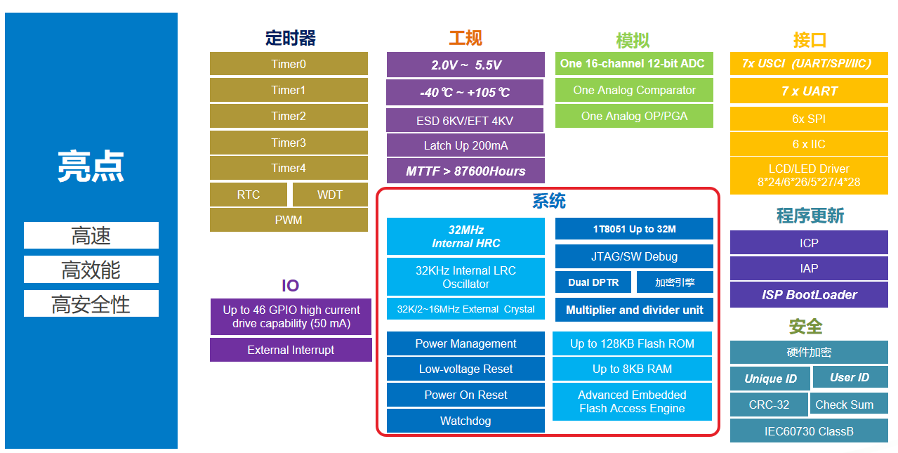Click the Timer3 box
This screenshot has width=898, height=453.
click(x=289, y=143)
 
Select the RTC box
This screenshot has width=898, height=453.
click(x=249, y=195)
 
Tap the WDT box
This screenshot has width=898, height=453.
click(x=330, y=195)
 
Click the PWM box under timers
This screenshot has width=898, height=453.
click(x=289, y=220)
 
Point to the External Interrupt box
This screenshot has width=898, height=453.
click(x=291, y=350)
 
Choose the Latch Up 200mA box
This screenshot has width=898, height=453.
click(x=465, y=145)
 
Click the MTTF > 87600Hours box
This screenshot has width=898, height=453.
click(x=465, y=171)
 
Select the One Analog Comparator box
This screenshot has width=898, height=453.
click(x=634, y=90)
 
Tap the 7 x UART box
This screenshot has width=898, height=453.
click(x=809, y=91)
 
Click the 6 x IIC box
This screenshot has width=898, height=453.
click(x=809, y=144)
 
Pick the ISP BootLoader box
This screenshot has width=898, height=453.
click(x=809, y=295)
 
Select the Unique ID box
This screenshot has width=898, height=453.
click(x=770, y=379)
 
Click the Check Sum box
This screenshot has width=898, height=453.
click(x=844, y=405)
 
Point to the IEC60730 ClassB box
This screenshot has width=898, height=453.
click(x=809, y=431)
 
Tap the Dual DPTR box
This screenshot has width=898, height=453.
click(x=593, y=282)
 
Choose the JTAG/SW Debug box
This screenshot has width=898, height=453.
click(x=634, y=256)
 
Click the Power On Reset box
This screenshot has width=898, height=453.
click(x=465, y=395)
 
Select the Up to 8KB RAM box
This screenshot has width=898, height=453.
click(x=632, y=369)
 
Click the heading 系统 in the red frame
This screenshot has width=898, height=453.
click(x=548, y=202)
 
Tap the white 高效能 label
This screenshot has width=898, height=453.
click(x=91, y=270)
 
